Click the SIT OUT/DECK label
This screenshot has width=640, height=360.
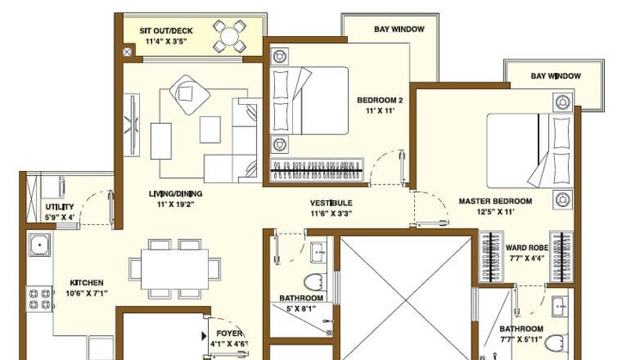[x=166, y=31]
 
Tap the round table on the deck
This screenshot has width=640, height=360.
[x=230, y=36]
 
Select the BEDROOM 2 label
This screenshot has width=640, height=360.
[x=380, y=100]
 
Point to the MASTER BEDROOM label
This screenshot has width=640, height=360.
[x=495, y=201]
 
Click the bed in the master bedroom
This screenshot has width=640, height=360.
[x=524, y=148]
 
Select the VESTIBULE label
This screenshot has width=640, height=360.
[x=332, y=204]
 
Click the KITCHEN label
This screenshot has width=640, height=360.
[x=87, y=282]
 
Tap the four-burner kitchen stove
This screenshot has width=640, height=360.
[x=40, y=299]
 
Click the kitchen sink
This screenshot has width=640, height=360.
[x=40, y=247]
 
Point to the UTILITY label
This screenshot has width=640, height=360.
[x=59, y=207]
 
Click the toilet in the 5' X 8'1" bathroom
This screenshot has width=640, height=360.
[x=313, y=280]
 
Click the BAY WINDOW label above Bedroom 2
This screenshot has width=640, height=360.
[x=399, y=29]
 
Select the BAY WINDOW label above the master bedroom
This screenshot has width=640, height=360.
[x=556, y=76]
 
